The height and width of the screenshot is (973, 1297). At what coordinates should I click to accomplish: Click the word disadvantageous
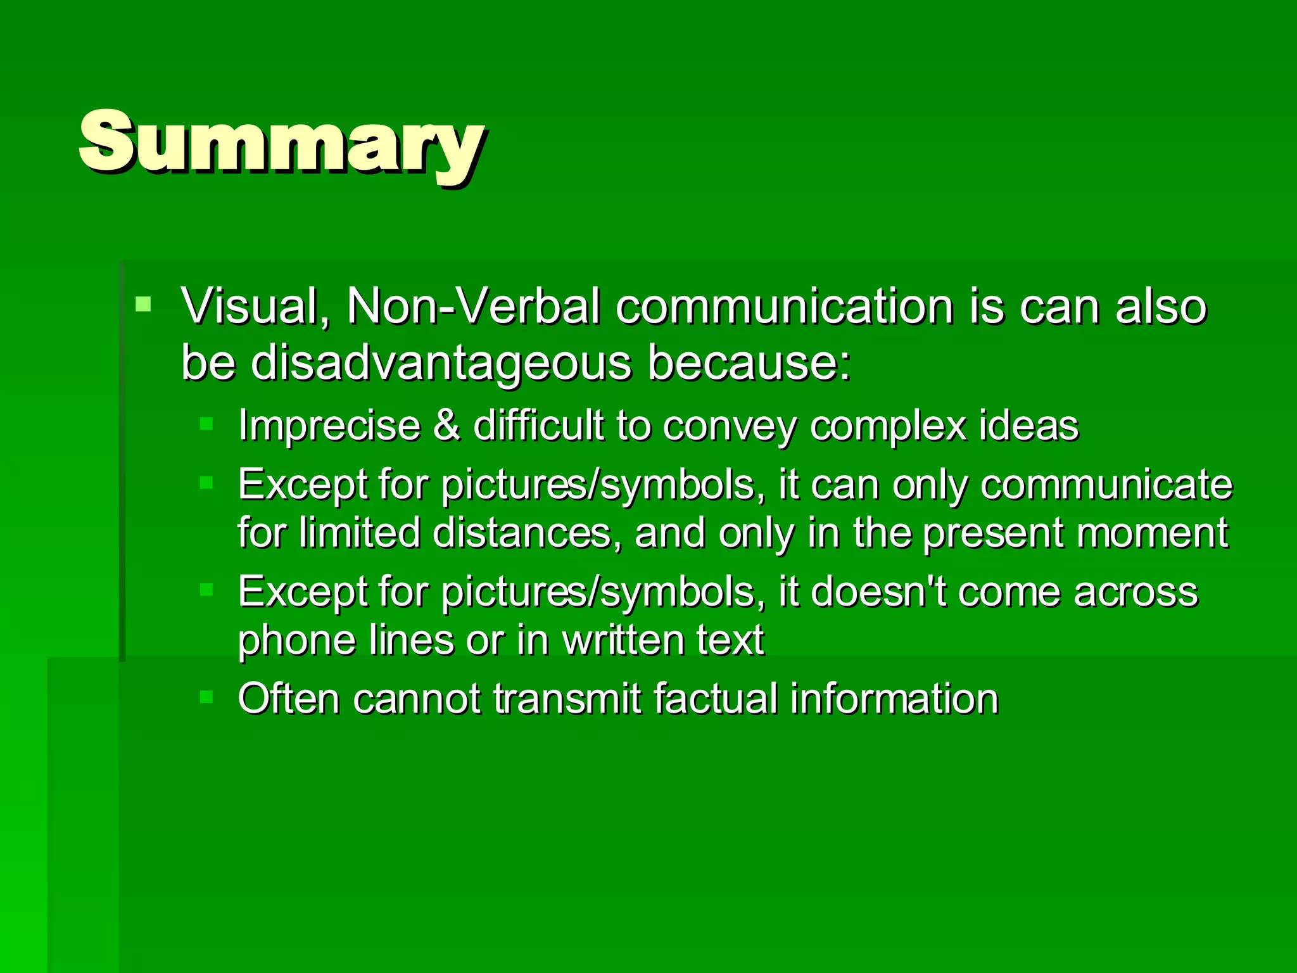click(441, 364)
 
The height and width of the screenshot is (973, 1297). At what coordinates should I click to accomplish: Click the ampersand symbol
click(446, 425)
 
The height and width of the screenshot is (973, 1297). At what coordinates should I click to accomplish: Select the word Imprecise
click(329, 425)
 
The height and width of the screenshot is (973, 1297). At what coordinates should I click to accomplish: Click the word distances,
click(522, 533)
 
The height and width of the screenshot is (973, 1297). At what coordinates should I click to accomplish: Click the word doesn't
click(878, 592)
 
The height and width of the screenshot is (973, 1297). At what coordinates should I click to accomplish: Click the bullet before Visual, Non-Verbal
click(144, 304)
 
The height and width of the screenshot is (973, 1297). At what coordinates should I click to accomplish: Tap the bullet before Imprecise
click(206, 423)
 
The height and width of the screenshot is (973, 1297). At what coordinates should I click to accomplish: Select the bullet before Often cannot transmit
click(206, 697)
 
